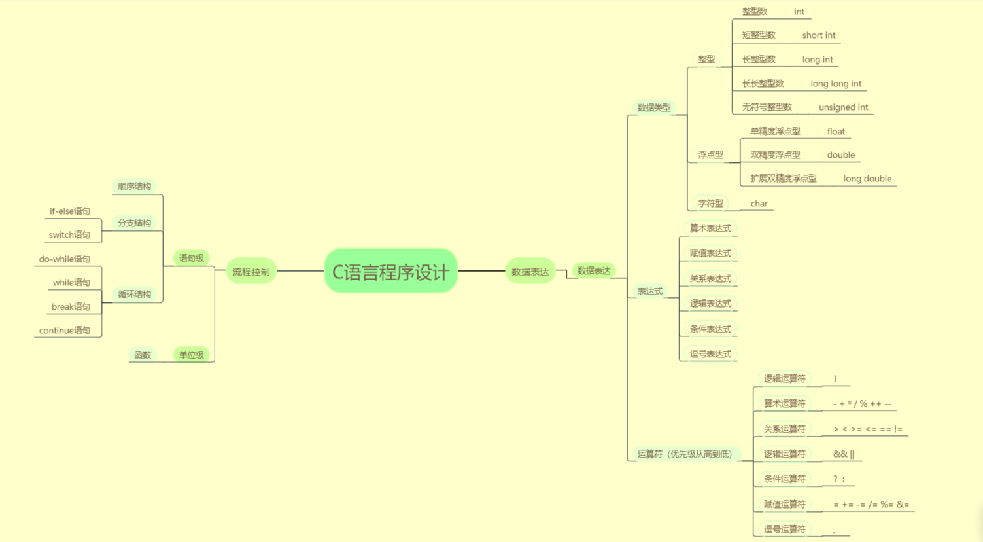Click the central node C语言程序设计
[390, 271]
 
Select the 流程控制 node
[251, 272]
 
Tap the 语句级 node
[192, 258]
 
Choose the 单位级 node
[192, 355]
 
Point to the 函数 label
[143, 355]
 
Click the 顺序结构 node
[134, 187]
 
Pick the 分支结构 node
[134, 223]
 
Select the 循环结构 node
[134, 295]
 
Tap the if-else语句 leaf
[70, 211]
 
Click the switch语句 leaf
[69, 235]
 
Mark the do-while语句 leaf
[64, 259]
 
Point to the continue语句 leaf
[64, 331]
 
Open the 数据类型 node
[654, 107]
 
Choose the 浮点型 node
[710, 155]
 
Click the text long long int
[836, 84]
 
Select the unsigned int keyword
[843, 107]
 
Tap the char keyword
[759, 204]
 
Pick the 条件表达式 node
[710, 329]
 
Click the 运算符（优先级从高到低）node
[684, 454]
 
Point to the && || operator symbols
[843, 454]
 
